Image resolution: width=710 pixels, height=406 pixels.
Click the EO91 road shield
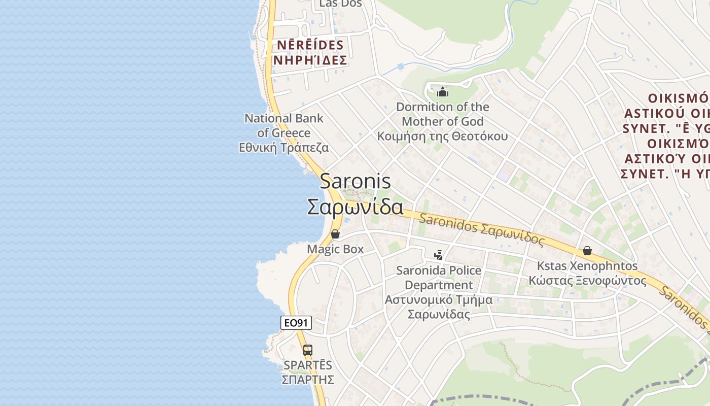tap(296, 323)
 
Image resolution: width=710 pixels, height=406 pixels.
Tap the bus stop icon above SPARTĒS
tap(308, 350)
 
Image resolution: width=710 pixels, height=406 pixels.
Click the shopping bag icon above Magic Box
tap(335, 234)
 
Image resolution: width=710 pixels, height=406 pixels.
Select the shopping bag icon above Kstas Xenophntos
tap(587, 251)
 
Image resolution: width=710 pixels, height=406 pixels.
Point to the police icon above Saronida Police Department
tap(439, 255)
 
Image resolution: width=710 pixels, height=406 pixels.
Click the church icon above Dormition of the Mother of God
tap(443, 92)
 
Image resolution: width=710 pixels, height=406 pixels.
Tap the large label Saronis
tap(355, 181)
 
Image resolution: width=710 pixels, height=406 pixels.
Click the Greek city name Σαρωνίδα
tap(355, 207)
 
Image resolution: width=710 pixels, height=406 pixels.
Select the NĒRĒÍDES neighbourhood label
tap(310, 45)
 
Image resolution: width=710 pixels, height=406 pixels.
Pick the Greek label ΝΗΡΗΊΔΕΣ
tap(310, 60)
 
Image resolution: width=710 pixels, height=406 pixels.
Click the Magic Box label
tap(335, 249)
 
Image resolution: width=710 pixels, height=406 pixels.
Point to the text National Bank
tap(284, 118)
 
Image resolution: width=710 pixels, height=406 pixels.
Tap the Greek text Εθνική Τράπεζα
tap(284, 148)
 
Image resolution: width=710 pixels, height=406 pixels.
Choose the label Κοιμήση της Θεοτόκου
tap(442, 137)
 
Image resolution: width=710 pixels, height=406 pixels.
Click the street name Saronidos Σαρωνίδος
tap(482, 230)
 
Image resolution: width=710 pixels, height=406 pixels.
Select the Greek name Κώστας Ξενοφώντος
tap(587, 280)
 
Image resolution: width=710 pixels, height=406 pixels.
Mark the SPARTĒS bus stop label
tap(308, 365)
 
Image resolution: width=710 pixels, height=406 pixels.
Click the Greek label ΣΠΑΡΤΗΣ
tap(308, 380)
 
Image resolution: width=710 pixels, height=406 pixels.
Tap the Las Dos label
tap(340, 4)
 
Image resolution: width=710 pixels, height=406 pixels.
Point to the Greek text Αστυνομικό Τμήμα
tap(439, 300)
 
